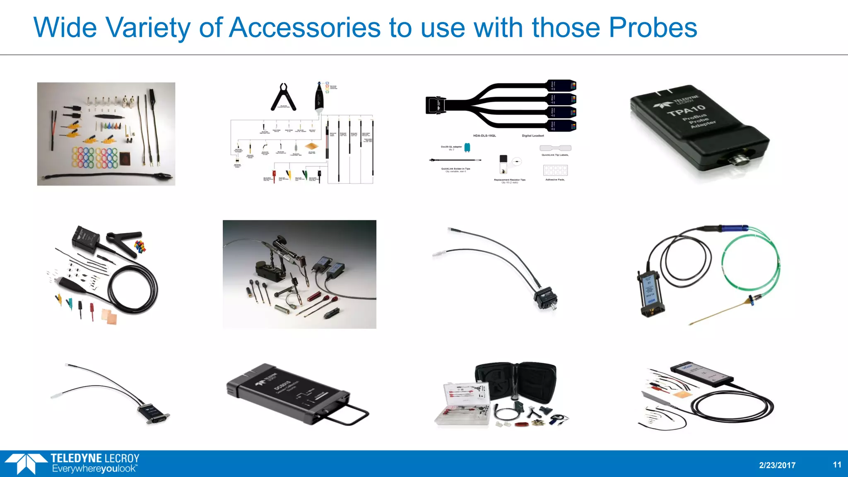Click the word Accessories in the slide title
(x=305, y=28)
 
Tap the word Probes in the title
(x=653, y=28)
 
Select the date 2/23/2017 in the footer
(x=777, y=465)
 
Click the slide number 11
(x=837, y=465)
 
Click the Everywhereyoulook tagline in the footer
(x=94, y=469)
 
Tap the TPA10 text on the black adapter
(x=686, y=110)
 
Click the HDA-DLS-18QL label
(x=484, y=136)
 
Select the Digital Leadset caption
(x=533, y=136)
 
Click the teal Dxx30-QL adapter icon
(x=467, y=147)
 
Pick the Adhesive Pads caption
(x=555, y=180)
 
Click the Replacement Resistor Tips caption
(x=509, y=180)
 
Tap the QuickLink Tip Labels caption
(x=555, y=155)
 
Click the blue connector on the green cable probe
(x=735, y=228)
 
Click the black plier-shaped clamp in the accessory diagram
(x=284, y=98)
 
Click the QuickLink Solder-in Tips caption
(x=455, y=169)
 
